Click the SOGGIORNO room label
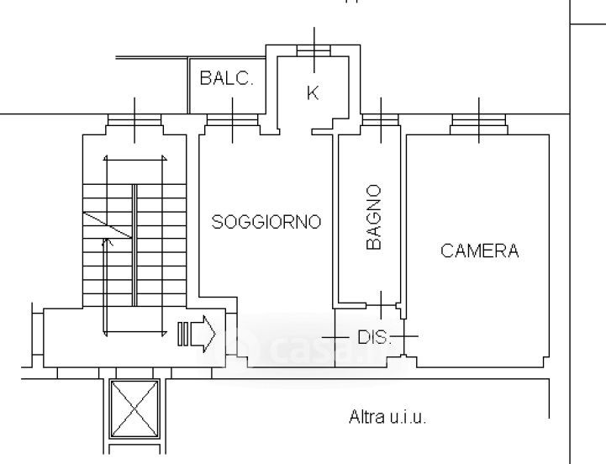266,222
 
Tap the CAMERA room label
479,250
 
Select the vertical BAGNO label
374,217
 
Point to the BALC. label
226,78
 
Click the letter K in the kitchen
313,93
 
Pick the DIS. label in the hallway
374,337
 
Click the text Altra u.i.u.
387,417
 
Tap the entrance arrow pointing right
203,334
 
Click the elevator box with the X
134,409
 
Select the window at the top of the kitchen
314,50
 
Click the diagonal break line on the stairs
108,225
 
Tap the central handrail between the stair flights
134,245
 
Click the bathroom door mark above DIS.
381,305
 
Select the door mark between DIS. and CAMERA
404,336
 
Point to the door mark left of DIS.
335,337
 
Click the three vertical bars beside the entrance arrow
182,334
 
